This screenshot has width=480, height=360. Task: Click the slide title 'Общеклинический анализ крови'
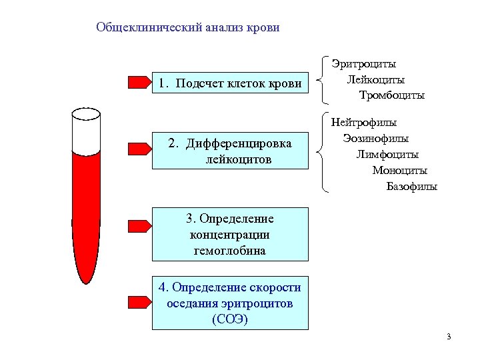pyautogui.click(x=188, y=27)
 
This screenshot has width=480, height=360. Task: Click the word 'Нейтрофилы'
pyautogui.click(x=364, y=123)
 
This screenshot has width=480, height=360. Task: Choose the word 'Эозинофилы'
pyautogui.click(x=376, y=139)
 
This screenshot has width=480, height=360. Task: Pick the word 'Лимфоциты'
pyautogui.click(x=387, y=155)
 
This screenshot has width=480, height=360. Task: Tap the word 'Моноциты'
pyautogui.click(x=400, y=170)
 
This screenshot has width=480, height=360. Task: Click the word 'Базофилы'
pyautogui.click(x=412, y=186)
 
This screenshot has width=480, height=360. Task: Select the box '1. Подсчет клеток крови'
pyautogui.click(x=230, y=83)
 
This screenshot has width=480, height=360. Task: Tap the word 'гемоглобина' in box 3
pyautogui.click(x=230, y=251)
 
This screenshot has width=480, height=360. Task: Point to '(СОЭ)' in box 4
pyautogui.click(x=230, y=319)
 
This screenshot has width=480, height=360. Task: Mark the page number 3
pyautogui.click(x=449, y=336)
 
